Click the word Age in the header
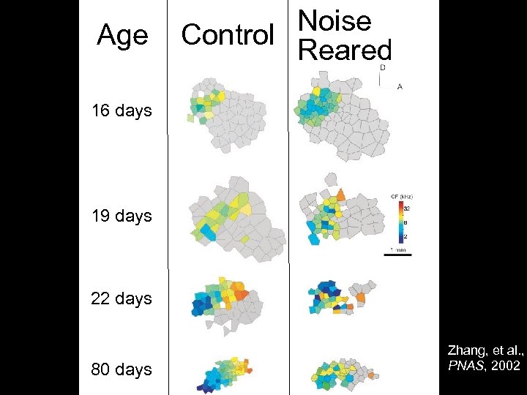(x=122, y=34)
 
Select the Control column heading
(x=228, y=34)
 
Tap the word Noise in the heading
(x=334, y=20)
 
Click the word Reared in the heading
(x=345, y=50)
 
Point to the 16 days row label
(x=122, y=111)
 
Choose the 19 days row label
(x=122, y=216)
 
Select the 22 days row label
(x=122, y=298)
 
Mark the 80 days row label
(x=122, y=369)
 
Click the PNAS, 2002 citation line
(x=484, y=364)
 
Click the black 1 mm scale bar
(x=398, y=255)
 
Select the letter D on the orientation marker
(x=382, y=67)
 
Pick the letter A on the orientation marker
(x=400, y=86)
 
